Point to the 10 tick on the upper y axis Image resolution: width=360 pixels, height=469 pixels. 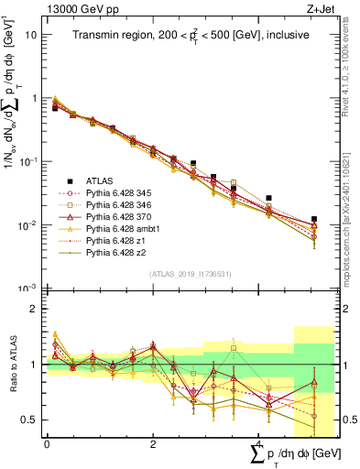[x=30, y=34]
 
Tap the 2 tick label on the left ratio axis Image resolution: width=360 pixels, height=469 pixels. [x=35, y=309]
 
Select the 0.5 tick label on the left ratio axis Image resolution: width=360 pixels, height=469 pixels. [x=31, y=420]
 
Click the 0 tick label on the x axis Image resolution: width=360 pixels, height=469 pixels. [x=47, y=442]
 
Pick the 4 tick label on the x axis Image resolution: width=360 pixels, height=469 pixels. [x=259, y=442]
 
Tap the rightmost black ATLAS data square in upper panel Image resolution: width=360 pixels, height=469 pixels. [x=314, y=220]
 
